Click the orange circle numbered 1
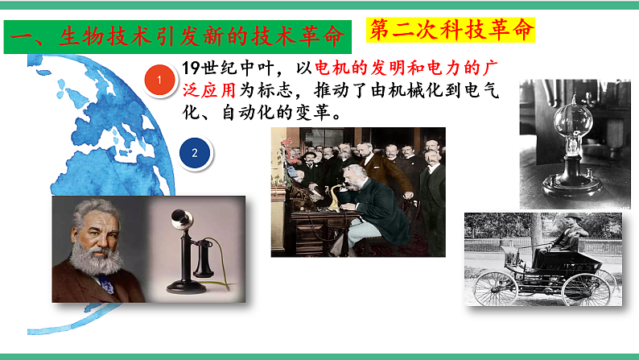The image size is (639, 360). click(x=161, y=79)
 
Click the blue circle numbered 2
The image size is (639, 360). click(x=194, y=151)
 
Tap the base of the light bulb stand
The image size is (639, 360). click(x=570, y=187)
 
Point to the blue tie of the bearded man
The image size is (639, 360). click(x=105, y=283)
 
